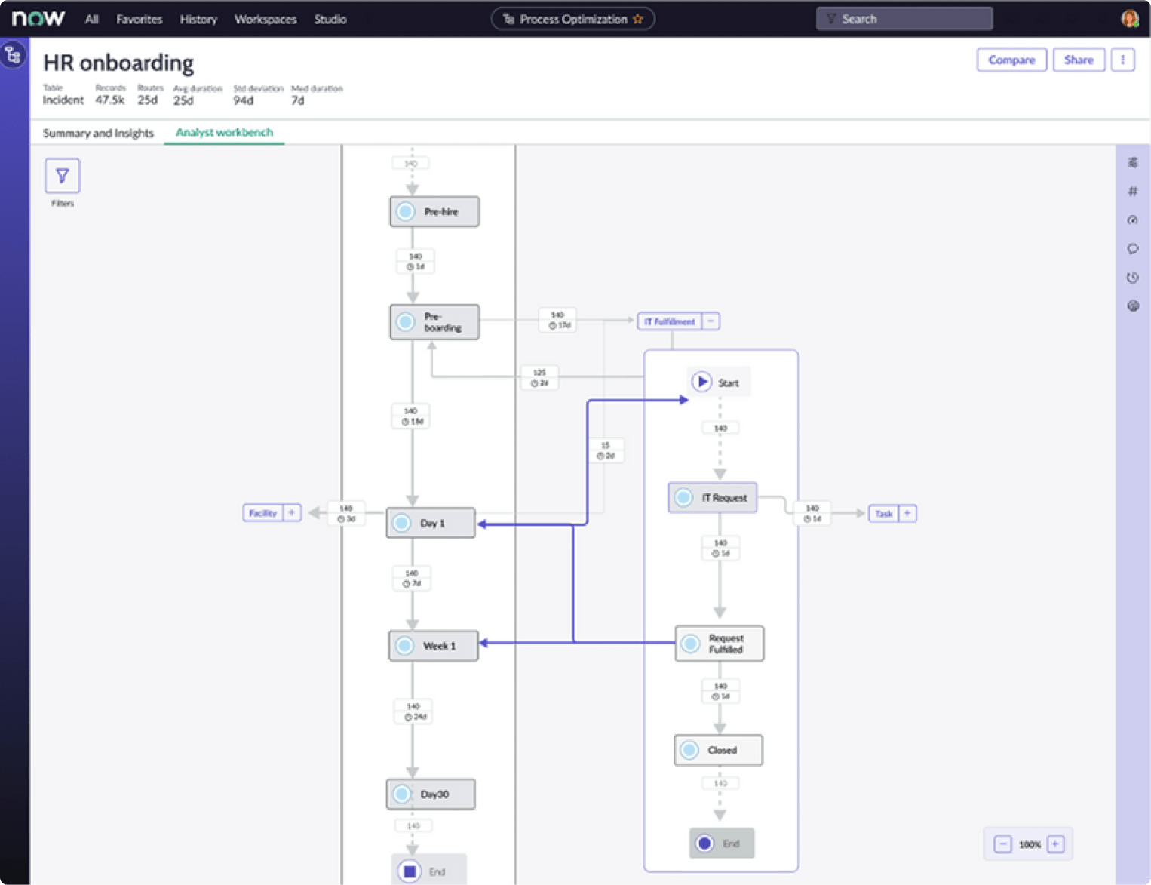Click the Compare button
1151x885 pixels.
[1011, 60]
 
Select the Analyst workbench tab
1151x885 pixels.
[224, 133]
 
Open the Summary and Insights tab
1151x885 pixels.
[98, 134]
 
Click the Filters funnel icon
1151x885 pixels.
[63, 176]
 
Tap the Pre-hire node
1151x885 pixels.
[434, 212]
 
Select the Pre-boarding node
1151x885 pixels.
[434, 322]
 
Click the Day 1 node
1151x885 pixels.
[431, 523]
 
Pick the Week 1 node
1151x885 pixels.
[434, 646]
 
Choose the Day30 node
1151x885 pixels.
[431, 794]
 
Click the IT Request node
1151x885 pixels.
[713, 498]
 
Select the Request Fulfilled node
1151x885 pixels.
[719, 644]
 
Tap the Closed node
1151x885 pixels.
[718, 750]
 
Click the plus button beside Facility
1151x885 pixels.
[292, 513]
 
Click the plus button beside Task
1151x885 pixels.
[907, 513]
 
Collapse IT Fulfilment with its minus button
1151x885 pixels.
[711, 321]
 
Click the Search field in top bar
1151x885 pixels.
[904, 19]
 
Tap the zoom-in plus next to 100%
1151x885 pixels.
[1056, 844]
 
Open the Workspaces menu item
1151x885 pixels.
[265, 20]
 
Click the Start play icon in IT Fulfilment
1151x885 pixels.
[702, 382]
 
